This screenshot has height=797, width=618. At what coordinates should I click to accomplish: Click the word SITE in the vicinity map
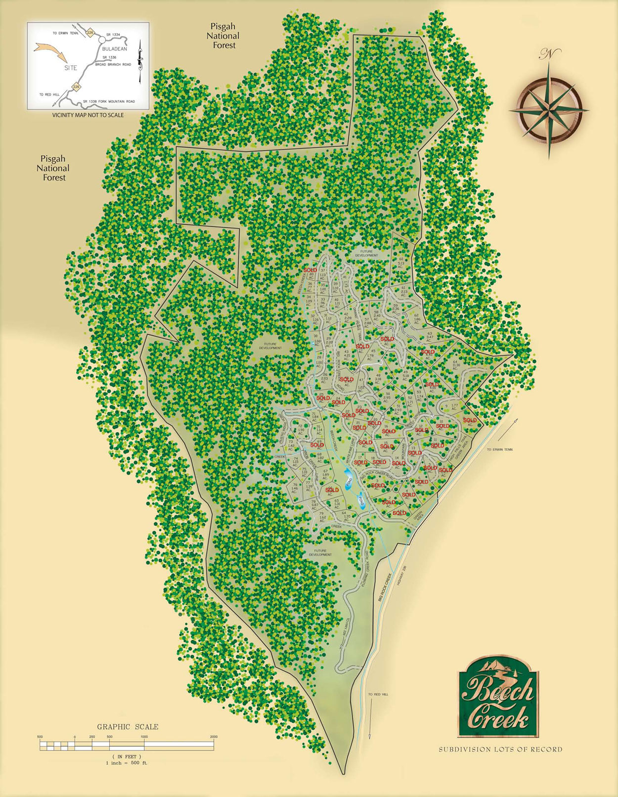(x=70, y=68)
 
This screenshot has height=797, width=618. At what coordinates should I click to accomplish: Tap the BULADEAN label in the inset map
(x=114, y=49)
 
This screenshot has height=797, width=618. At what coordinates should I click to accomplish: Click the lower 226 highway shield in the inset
(x=76, y=87)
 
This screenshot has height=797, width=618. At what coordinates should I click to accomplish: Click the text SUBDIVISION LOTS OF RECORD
(x=500, y=750)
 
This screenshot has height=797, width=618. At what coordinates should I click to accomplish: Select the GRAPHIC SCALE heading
(x=128, y=727)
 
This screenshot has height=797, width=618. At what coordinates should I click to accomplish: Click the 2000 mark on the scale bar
(x=214, y=737)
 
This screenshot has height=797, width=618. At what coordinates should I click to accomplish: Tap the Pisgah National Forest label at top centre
(x=222, y=36)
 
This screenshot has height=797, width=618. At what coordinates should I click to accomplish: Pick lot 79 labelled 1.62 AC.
(x=322, y=516)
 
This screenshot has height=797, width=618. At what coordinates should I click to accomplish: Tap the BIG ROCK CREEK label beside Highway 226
(x=385, y=587)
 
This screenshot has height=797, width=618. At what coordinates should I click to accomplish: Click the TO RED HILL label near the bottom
(x=378, y=695)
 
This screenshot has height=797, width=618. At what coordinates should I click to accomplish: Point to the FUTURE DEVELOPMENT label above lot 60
(x=366, y=254)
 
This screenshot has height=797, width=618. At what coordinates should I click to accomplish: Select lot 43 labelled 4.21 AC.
(x=346, y=354)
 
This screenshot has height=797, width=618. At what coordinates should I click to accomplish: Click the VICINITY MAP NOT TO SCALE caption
(x=88, y=115)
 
